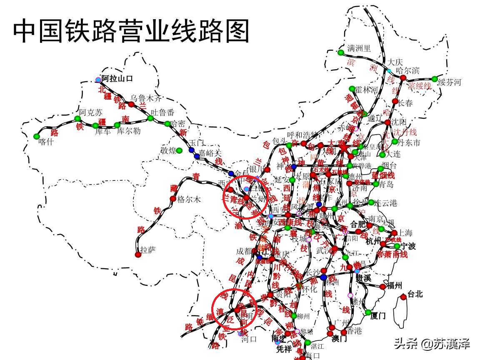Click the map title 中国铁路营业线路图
coord(131,31)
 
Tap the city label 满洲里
coord(359,48)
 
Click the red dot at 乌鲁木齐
coord(130,104)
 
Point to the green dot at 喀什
coord(37,136)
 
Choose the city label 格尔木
coord(189,199)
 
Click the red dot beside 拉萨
coord(138,254)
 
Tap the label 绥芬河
coord(450,82)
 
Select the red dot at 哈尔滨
coord(403,78)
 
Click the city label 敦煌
coord(168,151)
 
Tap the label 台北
coord(415,294)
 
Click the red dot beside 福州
coord(382,287)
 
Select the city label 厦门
coord(378,316)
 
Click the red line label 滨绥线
coord(419,86)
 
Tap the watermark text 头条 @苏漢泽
coord(432,344)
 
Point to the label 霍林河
coord(367,90)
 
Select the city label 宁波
coord(408,246)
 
